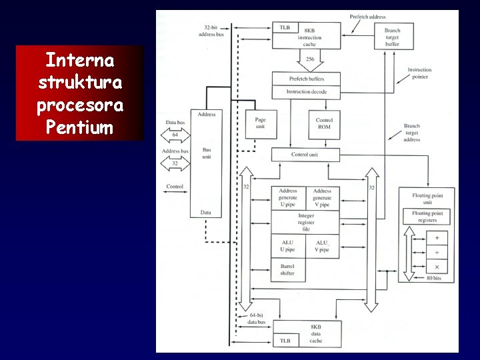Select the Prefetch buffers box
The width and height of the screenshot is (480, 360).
pyautogui.click(x=306, y=78)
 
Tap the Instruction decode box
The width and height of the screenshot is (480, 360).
pyautogui.click(x=306, y=91)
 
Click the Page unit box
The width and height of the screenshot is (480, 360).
pyautogui.click(x=261, y=124)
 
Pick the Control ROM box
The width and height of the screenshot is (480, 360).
pyautogui.click(x=324, y=124)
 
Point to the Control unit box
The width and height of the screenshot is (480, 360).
pyautogui.click(x=306, y=155)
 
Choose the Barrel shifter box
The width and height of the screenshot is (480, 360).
pyautogui.click(x=288, y=269)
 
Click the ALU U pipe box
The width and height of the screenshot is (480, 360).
pyautogui.click(x=288, y=247)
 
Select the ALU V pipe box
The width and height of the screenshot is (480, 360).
pyautogui.click(x=323, y=247)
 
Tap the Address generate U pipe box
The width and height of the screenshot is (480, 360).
pyautogui.click(x=288, y=198)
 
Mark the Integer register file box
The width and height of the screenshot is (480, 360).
pyautogui.click(x=306, y=222)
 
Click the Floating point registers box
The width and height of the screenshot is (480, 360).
pyautogui.click(x=427, y=217)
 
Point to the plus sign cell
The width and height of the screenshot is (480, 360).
pyautogui.click(x=437, y=237)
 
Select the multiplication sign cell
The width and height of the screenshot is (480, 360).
pyautogui.click(x=437, y=267)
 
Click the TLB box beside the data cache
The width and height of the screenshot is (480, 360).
pyautogui.click(x=285, y=341)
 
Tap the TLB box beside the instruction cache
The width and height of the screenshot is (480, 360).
pyautogui.click(x=285, y=27)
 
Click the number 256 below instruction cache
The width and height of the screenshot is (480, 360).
pyautogui.click(x=310, y=59)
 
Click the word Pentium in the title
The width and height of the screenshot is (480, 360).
pyautogui.click(x=80, y=127)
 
